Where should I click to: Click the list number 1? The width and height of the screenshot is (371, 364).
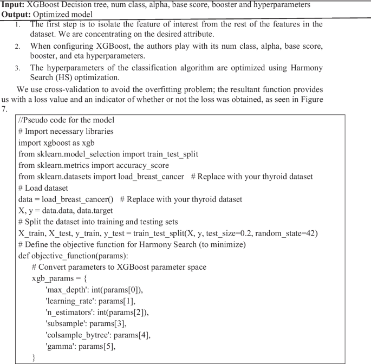(x=18, y=24)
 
